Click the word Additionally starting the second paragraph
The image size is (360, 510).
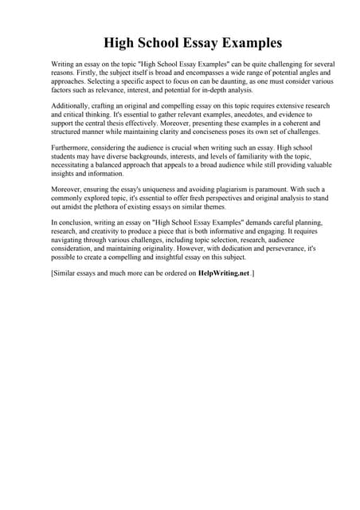(74, 105)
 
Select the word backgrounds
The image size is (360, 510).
(152, 157)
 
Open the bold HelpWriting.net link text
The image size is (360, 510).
(224, 273)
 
